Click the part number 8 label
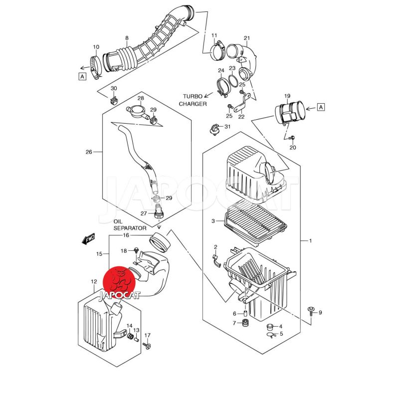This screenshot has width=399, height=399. (127, 38)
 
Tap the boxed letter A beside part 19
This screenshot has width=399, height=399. (321, 107)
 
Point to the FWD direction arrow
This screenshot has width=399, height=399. (88, 239)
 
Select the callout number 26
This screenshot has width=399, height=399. (89, 152)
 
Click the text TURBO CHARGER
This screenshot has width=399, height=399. (195, 100)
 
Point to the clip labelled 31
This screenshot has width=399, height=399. (215, 129)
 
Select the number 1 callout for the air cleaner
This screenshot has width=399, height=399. (310, 241)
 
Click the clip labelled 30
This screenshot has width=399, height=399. (113, 99)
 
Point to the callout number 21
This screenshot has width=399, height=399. (246, 38)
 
